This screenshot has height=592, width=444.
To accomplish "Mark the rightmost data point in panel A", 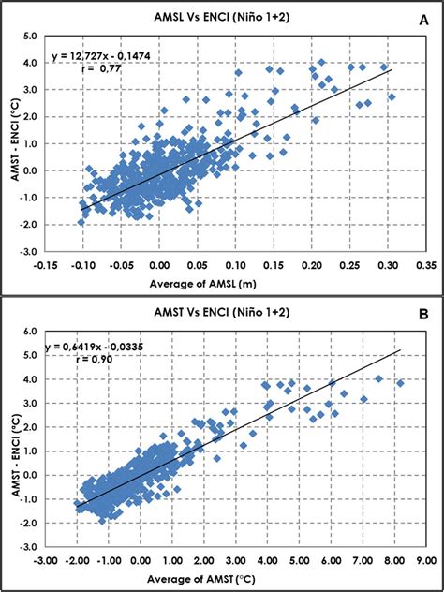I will point(392,96).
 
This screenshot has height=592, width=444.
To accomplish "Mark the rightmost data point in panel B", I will point(401,383).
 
